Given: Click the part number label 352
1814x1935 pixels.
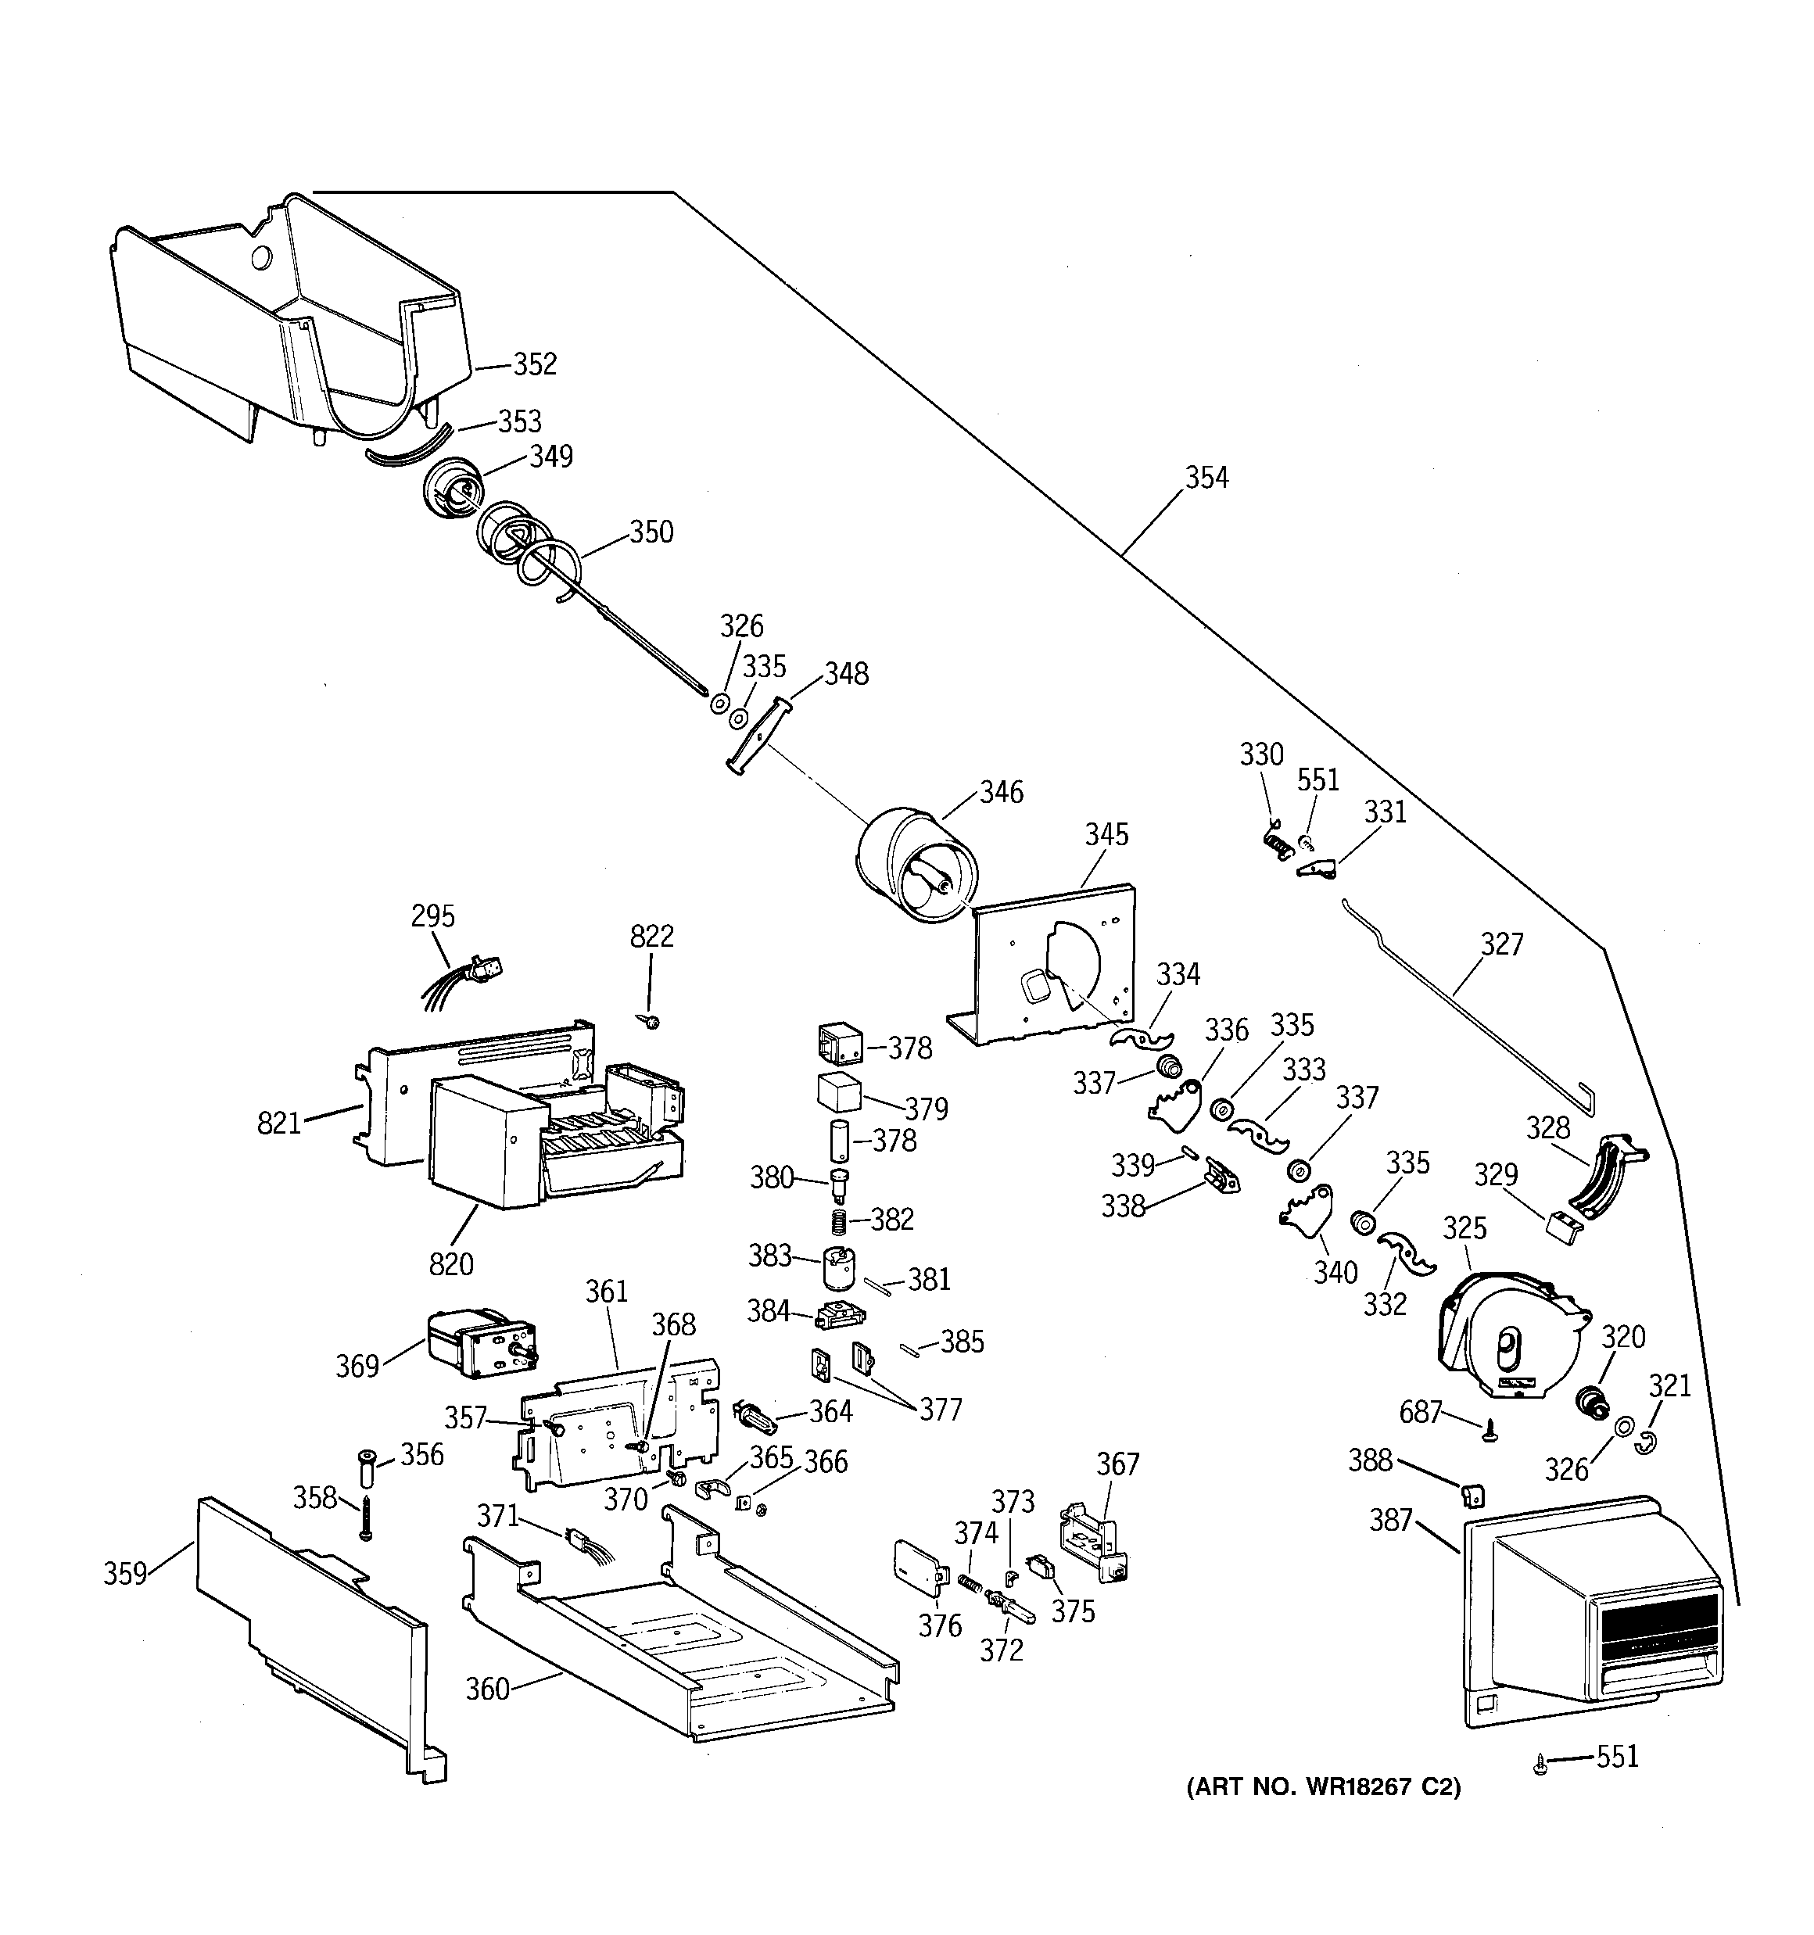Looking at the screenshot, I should [535, 364].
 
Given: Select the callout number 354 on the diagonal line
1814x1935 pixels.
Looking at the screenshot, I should [1206, 477].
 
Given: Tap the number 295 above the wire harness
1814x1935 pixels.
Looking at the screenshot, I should [432, 916].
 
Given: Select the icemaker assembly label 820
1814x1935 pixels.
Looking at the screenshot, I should [451, 1264].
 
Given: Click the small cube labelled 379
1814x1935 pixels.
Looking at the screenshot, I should [838, 1092].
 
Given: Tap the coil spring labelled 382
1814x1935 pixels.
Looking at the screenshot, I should [839, 1220].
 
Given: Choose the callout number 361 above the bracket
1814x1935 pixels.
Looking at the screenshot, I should [607, 1292].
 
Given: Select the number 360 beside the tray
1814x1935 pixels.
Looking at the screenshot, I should [487, 1689].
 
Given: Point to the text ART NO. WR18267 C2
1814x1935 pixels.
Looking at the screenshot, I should [1323, 1787].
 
